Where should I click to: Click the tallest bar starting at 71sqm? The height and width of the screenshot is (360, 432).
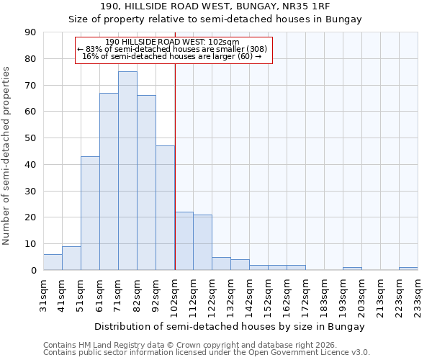pos(127,171)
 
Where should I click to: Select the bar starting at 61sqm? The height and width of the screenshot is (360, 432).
pos(109,181)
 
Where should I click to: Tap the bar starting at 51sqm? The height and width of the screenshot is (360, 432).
pos(90,213)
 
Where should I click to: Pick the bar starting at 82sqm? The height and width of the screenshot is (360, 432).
pos(146,183)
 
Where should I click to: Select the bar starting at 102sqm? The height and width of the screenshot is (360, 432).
pos(184,241)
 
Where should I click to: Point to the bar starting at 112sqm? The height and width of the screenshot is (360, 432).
pos(202,243)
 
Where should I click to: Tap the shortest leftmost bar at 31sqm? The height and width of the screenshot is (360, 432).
pos(53,262)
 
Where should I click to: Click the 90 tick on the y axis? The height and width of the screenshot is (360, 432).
pos(31,32)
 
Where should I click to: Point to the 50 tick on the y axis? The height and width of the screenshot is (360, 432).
pos(31,138)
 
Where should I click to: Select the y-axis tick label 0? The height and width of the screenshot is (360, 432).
pos(34,271)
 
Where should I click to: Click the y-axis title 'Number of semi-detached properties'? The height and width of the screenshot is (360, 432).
pos(7,156)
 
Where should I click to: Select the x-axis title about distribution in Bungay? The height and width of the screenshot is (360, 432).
pos(229,326)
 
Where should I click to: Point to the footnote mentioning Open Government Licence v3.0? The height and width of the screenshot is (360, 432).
pos(207,353)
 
